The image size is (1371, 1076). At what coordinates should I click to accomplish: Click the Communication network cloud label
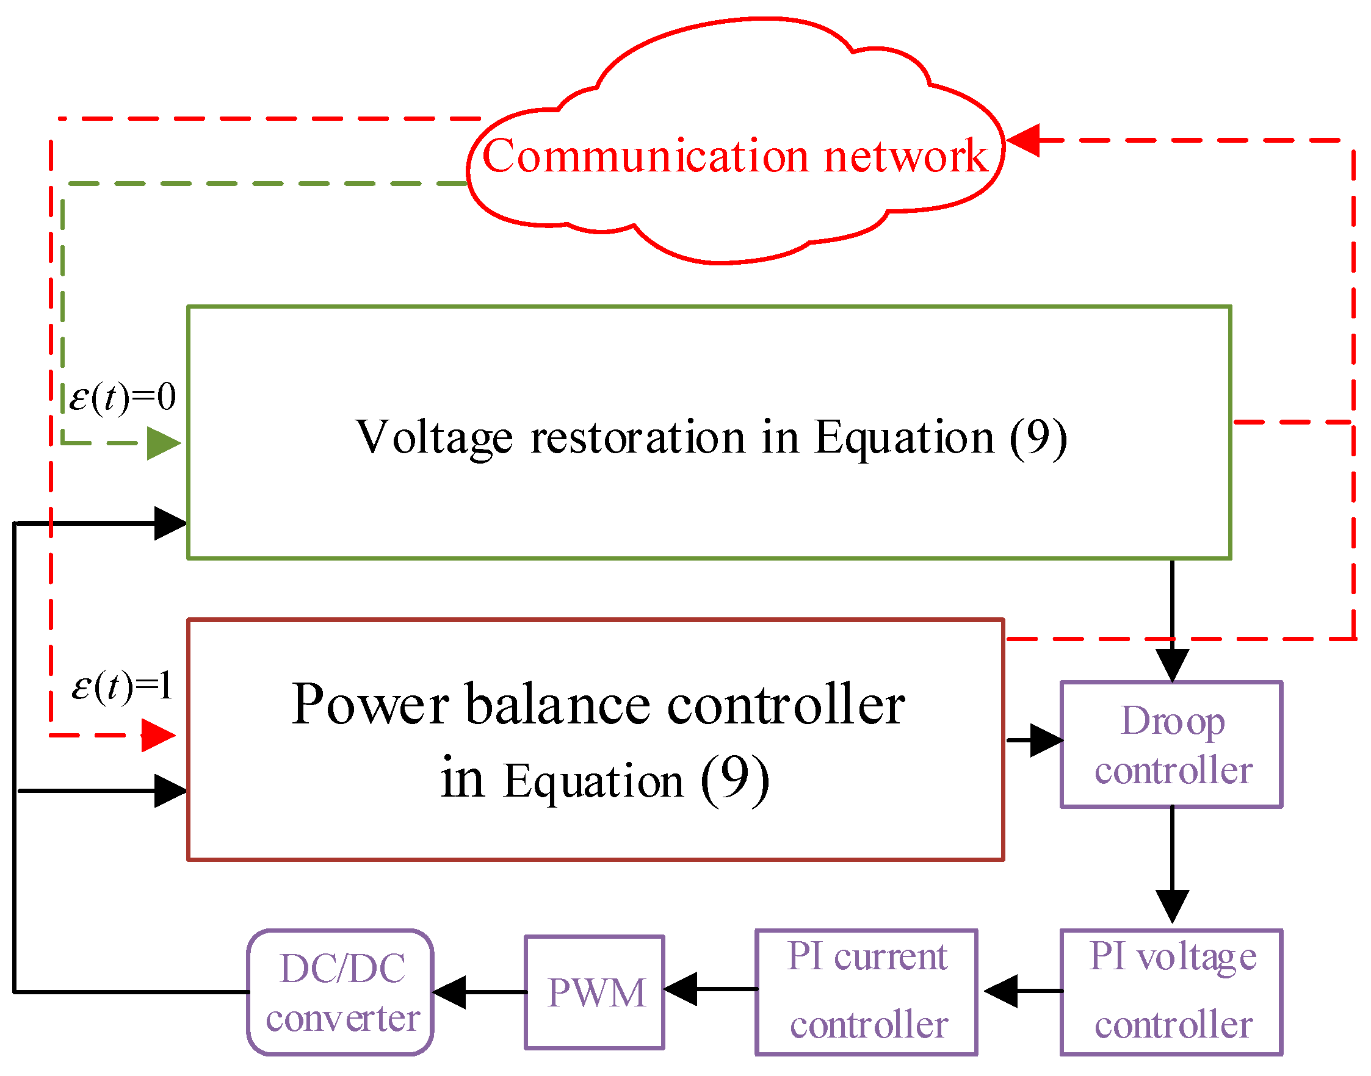[x=734, y=156]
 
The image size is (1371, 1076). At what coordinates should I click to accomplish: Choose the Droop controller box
[x=1171, y=745]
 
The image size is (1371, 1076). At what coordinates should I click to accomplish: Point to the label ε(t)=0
[x=121, y=398]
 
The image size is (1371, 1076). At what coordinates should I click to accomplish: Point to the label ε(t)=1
[x=121, y=686]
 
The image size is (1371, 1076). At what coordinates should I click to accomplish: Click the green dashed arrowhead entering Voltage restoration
[x=163, y=443]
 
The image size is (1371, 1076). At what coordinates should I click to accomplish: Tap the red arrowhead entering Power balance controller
[x=157, y=735]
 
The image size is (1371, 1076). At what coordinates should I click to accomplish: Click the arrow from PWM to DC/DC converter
[x=479, y=993]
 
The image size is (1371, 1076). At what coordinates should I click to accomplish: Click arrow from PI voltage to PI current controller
[x=1021, y=991]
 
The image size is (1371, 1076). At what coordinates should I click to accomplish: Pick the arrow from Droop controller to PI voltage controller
[x=1172, y=869]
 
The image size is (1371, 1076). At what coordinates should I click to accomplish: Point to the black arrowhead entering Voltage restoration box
[x=170, y=523]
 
